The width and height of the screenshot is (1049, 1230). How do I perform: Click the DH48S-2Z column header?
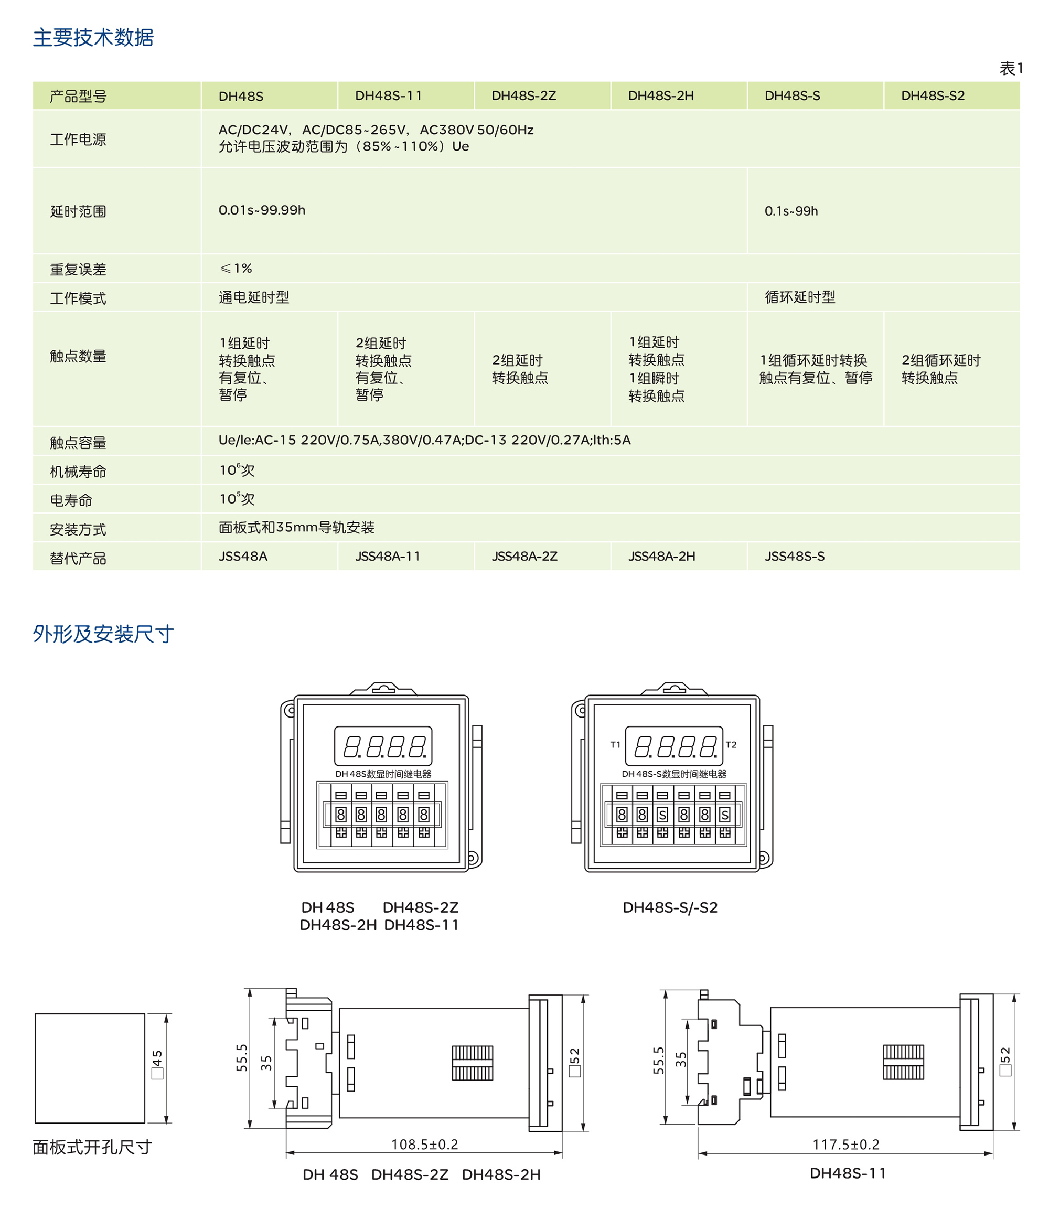click(523, 95)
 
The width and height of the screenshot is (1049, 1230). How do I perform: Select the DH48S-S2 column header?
click(932, 95)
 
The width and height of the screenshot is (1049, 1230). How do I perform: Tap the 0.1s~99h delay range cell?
click(791, 211)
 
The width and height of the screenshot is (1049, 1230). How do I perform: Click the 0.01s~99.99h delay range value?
click(262, 210)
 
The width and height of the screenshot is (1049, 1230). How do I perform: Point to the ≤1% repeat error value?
click(236, 269)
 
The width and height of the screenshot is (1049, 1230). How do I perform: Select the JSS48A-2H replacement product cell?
click(661, 556)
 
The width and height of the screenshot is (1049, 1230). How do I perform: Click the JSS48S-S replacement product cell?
click(794, 556)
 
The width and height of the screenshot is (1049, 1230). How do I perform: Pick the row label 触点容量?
click(78, 442)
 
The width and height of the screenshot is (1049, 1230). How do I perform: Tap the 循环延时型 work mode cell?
click(800, 297)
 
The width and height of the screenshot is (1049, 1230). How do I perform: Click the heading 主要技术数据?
click(93, 37)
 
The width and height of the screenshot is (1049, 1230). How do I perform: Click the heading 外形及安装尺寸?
click(103, 634)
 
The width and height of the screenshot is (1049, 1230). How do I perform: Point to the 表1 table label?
click(1011, 69)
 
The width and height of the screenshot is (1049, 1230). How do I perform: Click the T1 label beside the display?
click(615, 744)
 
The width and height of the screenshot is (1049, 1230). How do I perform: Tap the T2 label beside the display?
click(731, 744)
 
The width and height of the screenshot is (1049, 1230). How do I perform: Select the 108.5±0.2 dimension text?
click(424, 1145)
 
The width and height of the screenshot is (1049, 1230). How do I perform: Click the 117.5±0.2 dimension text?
click(845, 1145)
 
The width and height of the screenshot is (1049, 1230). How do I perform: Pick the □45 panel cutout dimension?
click(157, 1065)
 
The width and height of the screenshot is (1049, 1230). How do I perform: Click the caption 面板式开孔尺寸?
click(92, 1147)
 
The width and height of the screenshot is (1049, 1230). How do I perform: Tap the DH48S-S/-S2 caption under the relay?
click(670, 907)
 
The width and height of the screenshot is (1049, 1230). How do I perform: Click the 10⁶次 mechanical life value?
click(237, 470)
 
